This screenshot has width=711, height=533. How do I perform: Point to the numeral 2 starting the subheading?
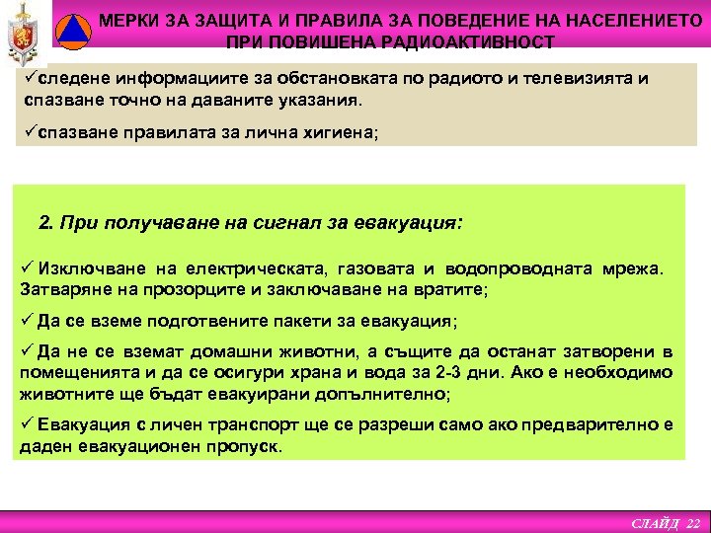pyautogui.click(x=44, y=222)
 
